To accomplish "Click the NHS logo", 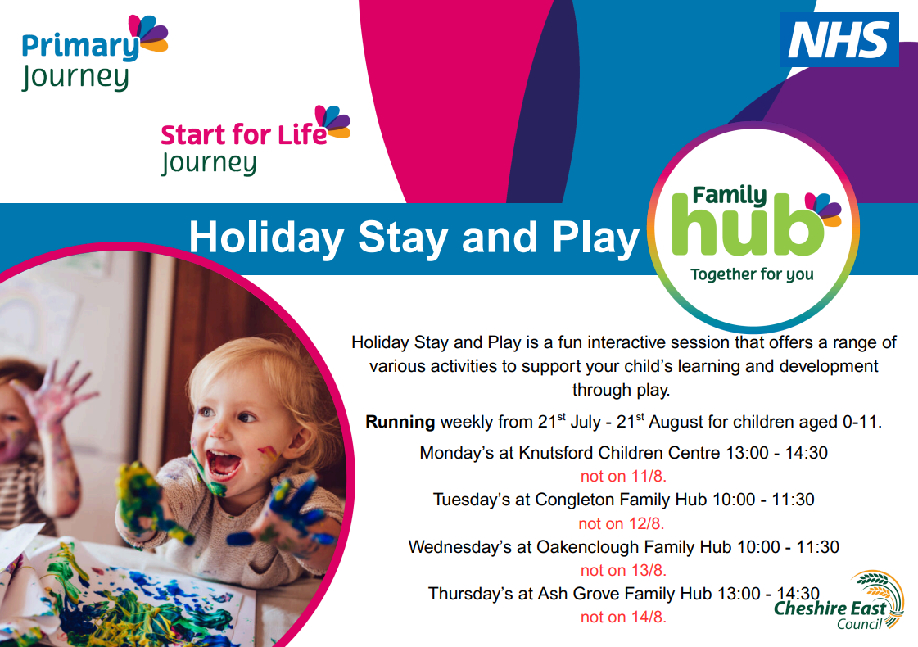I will click(839, 39).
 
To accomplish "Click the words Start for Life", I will click(243, 133).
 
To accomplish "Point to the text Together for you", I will click(752, 274).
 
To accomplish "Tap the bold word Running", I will click(400, 423).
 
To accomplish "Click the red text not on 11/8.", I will click(623, 476).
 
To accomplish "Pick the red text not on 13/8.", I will click(623, 570).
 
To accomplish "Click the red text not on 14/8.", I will click(623, 617).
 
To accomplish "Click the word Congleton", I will click(573, 500).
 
